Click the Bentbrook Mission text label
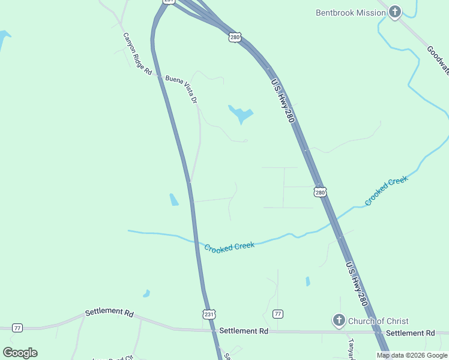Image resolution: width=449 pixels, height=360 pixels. coord(351,13)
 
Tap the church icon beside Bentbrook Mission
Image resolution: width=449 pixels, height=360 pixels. coord(395,12)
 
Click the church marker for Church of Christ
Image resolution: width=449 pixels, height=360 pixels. coord(339,320)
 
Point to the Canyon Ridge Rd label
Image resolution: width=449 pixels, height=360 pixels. coord(137,53)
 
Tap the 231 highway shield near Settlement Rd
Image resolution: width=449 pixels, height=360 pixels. coord(208,314)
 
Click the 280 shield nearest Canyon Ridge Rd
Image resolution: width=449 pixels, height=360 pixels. coord(235,37)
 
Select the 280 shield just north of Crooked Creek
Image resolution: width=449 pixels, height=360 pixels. coord(320,192)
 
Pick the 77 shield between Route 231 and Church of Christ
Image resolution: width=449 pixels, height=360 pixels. coord(277,314)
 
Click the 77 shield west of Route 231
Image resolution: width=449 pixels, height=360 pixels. coord(17,328)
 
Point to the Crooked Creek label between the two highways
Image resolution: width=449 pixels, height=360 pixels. coord(229,247)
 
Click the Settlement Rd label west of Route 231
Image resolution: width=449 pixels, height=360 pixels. coord(109,313)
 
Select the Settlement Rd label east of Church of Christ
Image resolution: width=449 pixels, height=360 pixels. coord(410,333)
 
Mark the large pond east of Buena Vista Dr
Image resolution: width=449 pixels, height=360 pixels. coord(241,113)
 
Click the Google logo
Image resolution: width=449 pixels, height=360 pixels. coord(20,353)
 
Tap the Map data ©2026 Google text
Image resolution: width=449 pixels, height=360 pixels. coord(412,355)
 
